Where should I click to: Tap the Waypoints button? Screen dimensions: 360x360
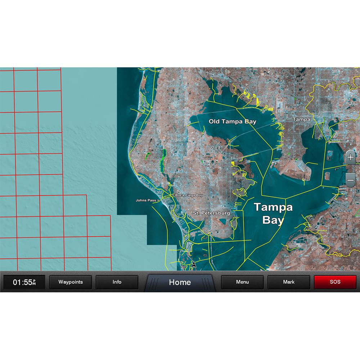coord(71,282)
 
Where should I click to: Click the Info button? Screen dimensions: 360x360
coord(117,282)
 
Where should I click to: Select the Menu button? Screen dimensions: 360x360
coord(242,282)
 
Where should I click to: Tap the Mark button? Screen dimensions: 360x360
coord(289,282)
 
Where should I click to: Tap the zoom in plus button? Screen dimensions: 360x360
coord(350,158)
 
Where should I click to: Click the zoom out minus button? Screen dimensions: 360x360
coord(350,179)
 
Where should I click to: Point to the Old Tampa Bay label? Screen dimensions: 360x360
coord(233,122)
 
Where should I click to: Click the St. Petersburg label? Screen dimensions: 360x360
coord(211,213)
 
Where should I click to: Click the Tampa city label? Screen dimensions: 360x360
coord(301,119)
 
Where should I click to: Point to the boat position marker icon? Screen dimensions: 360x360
coord(194,265)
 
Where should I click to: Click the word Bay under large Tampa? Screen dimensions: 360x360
coord(273,220)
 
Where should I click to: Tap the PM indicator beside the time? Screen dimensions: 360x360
coord(34,282)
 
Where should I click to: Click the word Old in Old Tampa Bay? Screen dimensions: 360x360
coord(214,122)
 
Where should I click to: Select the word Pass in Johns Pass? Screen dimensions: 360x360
coord(152,200)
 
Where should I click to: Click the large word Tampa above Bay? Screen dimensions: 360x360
coord(273,207)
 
